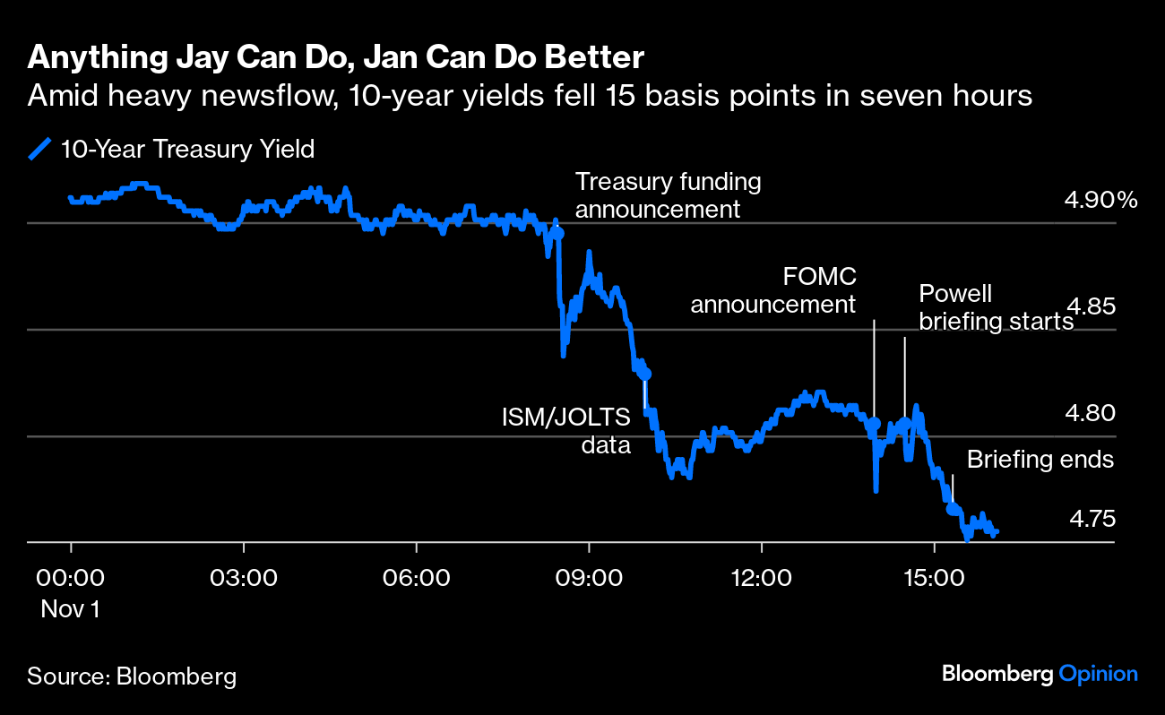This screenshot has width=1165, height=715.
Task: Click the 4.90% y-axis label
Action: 1100,200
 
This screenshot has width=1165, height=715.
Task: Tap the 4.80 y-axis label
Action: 1090,413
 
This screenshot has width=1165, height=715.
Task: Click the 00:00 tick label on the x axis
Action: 71,576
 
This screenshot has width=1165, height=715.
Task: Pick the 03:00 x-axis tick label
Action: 244,576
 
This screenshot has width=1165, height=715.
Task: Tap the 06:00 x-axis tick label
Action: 417,576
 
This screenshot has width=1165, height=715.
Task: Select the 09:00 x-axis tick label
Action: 590,576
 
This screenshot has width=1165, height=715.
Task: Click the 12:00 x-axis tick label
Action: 762,576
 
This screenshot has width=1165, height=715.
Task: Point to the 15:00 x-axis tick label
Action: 935,576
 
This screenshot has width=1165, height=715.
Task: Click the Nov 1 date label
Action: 71,609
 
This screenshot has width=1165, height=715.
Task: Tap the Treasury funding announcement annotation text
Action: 668,195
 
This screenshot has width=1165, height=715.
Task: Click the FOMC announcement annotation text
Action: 772,289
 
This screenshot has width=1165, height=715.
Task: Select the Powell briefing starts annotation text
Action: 996,307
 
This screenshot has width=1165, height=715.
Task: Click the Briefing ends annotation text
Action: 1040,460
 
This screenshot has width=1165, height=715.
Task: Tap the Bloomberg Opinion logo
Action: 1040,674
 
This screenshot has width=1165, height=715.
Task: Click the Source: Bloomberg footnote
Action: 132,676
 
